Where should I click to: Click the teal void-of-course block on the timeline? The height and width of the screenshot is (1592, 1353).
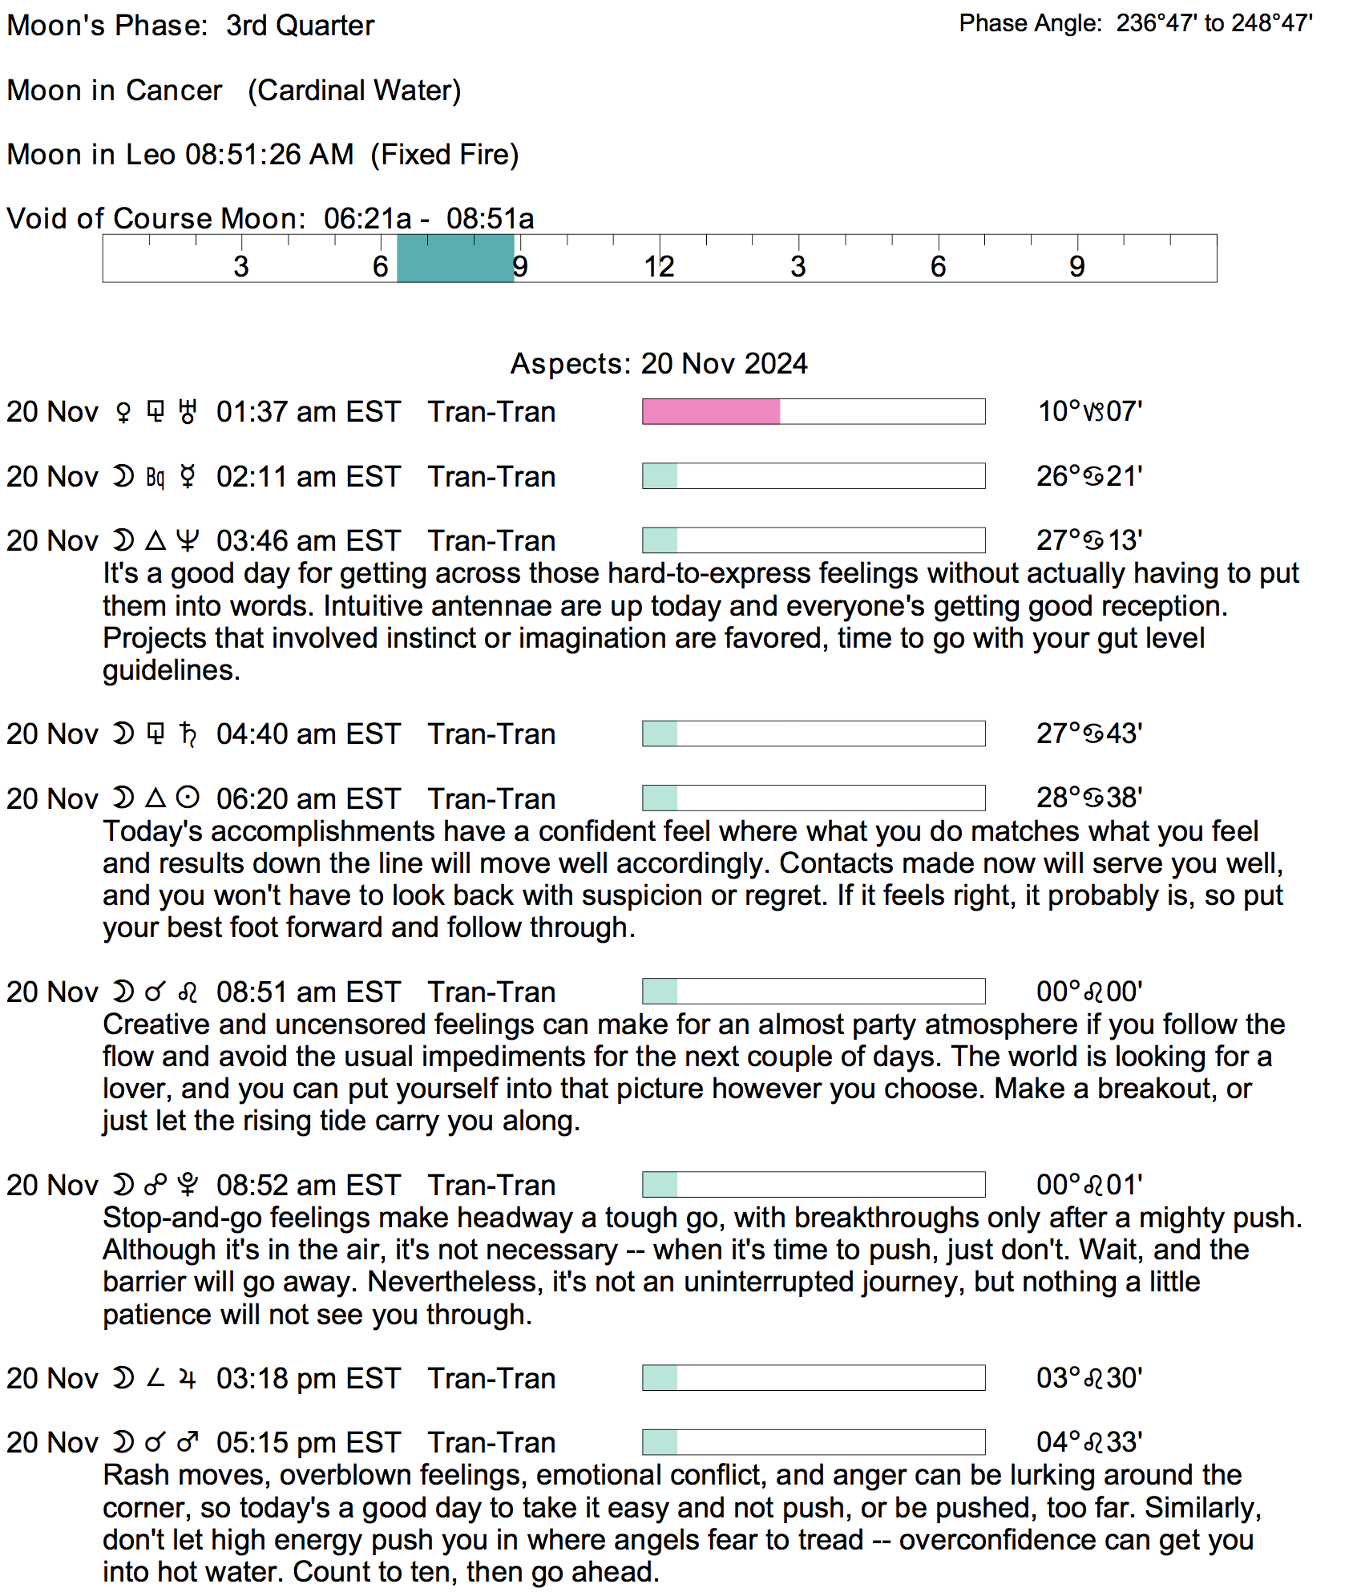[x=455, y=259]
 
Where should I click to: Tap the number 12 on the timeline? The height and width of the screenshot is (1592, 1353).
[x=659, y=267]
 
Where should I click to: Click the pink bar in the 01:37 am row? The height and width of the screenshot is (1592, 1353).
[x=711, y=411]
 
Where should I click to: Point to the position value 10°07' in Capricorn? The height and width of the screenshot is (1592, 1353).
[x=1089, y=411]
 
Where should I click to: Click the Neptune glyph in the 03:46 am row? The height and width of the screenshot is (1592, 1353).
[x=188, y=541]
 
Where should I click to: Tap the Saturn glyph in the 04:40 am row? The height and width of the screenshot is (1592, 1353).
[x=188, y=734]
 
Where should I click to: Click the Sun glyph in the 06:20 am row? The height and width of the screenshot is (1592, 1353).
[x=188, y=798]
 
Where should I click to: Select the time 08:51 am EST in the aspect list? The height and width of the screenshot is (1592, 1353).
[x=308, y=992]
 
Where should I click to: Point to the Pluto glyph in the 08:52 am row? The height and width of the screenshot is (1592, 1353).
[x=188, y=1185]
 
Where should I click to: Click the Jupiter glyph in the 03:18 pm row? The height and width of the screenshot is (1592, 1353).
[x=188, y=1379]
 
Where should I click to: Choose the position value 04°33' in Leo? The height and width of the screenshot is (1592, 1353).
[x=1089, y=1443]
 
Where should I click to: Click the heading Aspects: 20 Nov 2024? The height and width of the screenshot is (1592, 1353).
[x=659, y=364]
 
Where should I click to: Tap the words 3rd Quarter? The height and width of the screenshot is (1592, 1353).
[x=300, y=26]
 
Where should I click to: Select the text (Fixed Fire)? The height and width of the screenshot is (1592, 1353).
[x=445, y=155]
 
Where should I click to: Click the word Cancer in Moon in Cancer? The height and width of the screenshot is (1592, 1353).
[x=174, y=91]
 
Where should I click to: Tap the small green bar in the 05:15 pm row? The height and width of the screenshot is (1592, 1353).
[x=660, y=1442]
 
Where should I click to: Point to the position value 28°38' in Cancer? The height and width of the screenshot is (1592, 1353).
[x=1089, y=798]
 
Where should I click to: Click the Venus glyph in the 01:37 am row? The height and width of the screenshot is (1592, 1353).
[x=123, y=413]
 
